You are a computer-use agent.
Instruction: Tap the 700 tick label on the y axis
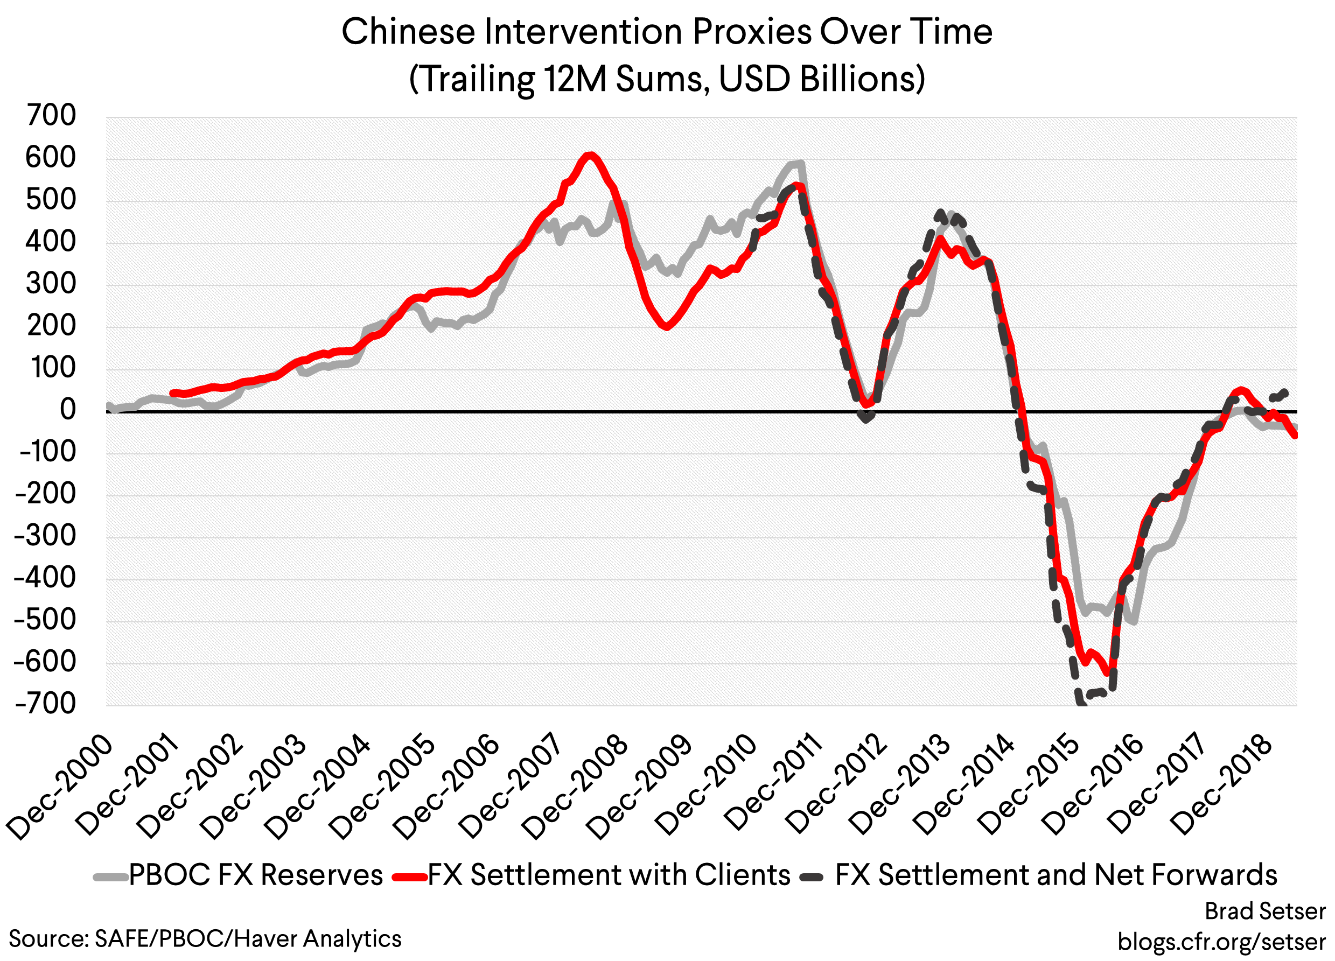(x=51, y=115)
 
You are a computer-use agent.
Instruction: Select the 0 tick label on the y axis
(x=68, y=410)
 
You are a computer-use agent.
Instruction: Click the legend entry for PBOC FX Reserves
(x=255, y=875)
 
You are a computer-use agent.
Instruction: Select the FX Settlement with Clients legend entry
(x=608, y=875)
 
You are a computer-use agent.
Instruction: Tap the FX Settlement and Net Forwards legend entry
(x=1056, y=875)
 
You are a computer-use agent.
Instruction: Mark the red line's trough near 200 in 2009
(x=666, y=327)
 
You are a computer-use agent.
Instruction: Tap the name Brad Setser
(x=1265, y=911)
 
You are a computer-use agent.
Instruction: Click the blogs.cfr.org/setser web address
(x=1221, y=942)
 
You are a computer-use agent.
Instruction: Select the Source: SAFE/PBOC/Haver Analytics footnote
(x=205, y=938)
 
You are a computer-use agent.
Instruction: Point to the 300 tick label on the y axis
(x=51, y=284)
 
